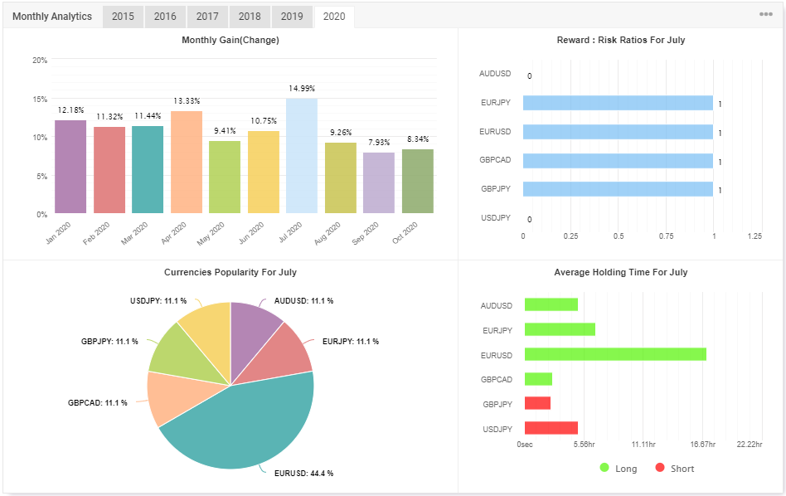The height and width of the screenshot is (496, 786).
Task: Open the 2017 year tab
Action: [207, 17]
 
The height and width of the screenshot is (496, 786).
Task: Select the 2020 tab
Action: [334, 17]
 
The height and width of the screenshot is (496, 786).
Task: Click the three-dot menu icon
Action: [766, 15]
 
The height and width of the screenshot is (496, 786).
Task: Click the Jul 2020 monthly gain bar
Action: [302, 156]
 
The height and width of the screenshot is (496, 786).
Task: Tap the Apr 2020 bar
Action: [187, 162]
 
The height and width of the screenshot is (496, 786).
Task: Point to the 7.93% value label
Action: [379, 143]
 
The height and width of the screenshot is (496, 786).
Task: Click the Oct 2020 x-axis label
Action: [409, 227]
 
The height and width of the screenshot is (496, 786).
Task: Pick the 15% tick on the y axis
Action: [40, 99]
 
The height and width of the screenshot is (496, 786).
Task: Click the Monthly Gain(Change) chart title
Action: [230, 40]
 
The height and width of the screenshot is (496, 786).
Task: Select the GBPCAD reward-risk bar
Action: [618, 161]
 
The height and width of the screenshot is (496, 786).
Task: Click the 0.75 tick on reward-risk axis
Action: [666, 236]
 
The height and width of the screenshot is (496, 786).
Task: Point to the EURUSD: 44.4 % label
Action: [303, 473]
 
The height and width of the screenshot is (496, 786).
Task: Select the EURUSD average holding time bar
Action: [615, 355]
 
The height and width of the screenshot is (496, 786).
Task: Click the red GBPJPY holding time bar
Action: [537, 404]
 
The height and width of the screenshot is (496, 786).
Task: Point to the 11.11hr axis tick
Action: [643, 445]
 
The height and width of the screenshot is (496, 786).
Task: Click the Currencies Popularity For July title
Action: [230, 272]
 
